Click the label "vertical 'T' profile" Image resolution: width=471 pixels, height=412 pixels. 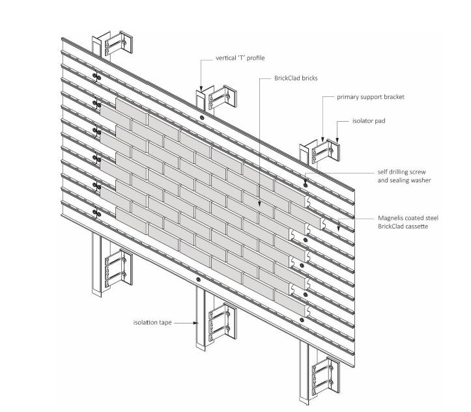point(241,58)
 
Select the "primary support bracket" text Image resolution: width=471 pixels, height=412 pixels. point(370,97)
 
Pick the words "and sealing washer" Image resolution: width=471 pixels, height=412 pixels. point(405,180)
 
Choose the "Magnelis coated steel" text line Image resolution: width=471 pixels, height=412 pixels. point(408,217)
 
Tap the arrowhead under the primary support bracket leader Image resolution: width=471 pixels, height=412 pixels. point(324,139)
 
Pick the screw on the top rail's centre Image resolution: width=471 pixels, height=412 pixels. point(201,118)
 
